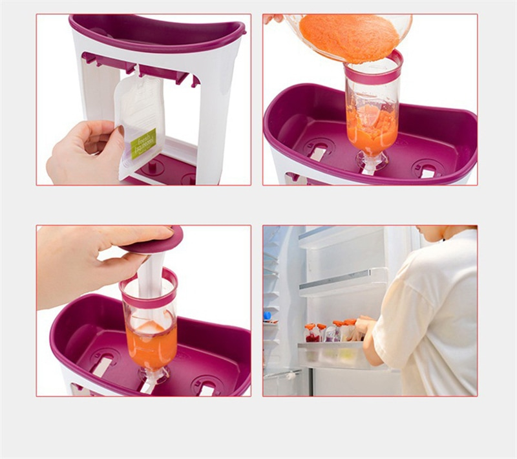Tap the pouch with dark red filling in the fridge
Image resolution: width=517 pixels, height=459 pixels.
click(x=313, y=334)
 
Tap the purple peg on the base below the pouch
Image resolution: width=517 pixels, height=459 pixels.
click(x=153, y=166)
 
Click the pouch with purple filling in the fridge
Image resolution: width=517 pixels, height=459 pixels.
click(x=331, y=333)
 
